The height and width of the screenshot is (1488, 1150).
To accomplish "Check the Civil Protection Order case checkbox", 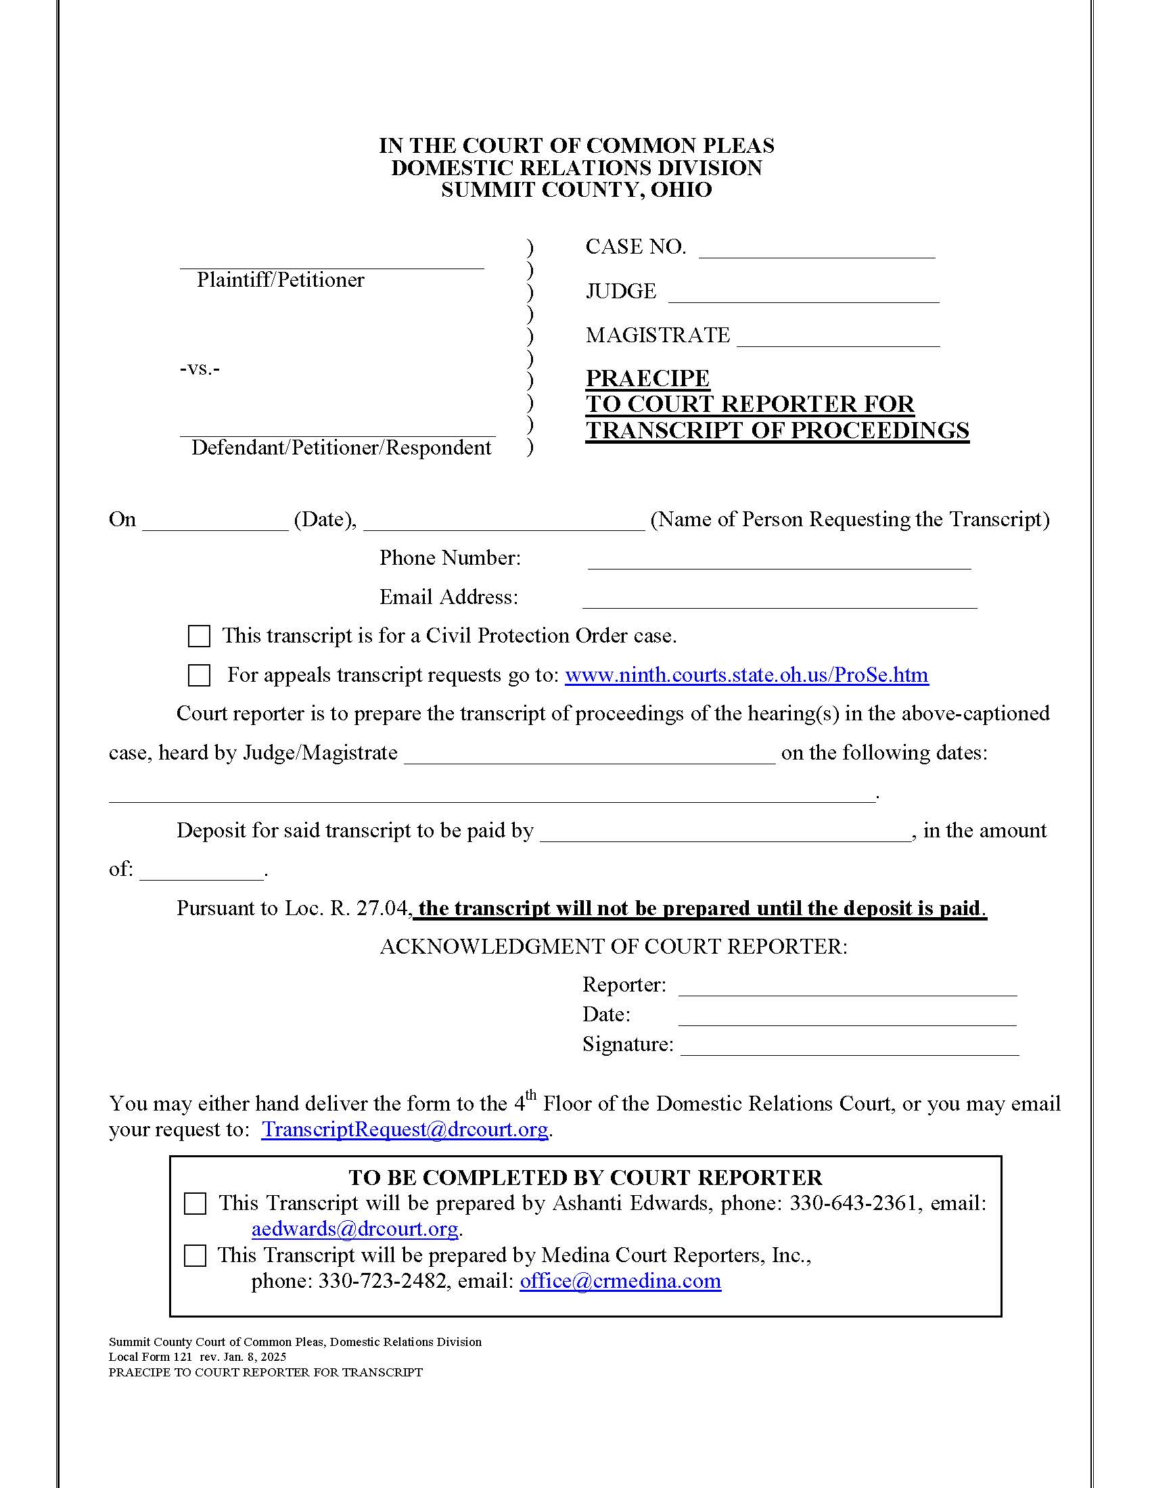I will click(199, 636).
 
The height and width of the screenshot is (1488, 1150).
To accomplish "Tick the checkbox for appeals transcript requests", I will click(199, 675).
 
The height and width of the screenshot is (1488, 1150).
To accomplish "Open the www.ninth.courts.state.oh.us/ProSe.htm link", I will click(746, 675).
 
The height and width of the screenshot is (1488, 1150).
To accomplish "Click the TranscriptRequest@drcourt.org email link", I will click(405, 1130).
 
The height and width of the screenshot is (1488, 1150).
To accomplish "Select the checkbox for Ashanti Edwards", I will click(195, 1204).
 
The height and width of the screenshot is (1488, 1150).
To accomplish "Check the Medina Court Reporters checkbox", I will click(195, 1256).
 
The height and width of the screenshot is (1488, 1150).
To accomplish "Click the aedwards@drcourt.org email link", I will click(354, 1229).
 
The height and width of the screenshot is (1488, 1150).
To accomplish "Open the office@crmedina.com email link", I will click(620, 1281).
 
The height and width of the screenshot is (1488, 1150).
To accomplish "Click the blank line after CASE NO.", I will click(816, 251).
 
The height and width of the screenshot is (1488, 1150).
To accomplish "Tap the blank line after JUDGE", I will click(803, 295).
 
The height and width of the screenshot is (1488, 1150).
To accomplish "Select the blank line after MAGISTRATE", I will click(838, 340).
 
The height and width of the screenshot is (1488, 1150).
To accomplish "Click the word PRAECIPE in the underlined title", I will click(647, 378).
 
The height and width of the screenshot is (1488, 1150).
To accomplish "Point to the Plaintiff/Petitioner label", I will click(280, 280).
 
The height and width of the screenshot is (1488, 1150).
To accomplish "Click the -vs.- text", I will click(200, 369).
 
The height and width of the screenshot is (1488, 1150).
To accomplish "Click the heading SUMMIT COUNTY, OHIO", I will click(576, 189).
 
